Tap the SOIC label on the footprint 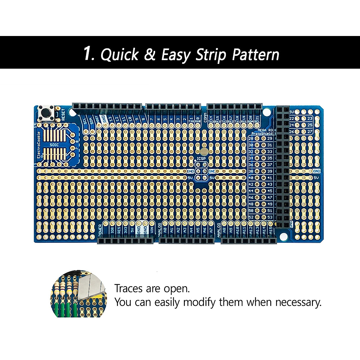coord(54,145)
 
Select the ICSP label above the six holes coord(201,159)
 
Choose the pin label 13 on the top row coord(111,119)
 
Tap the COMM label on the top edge coord(205,118)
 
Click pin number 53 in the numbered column coord(270,217)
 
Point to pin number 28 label coord(251,138)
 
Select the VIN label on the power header coord(152,230)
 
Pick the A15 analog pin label coord(271,230)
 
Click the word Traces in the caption coord(128,289)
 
